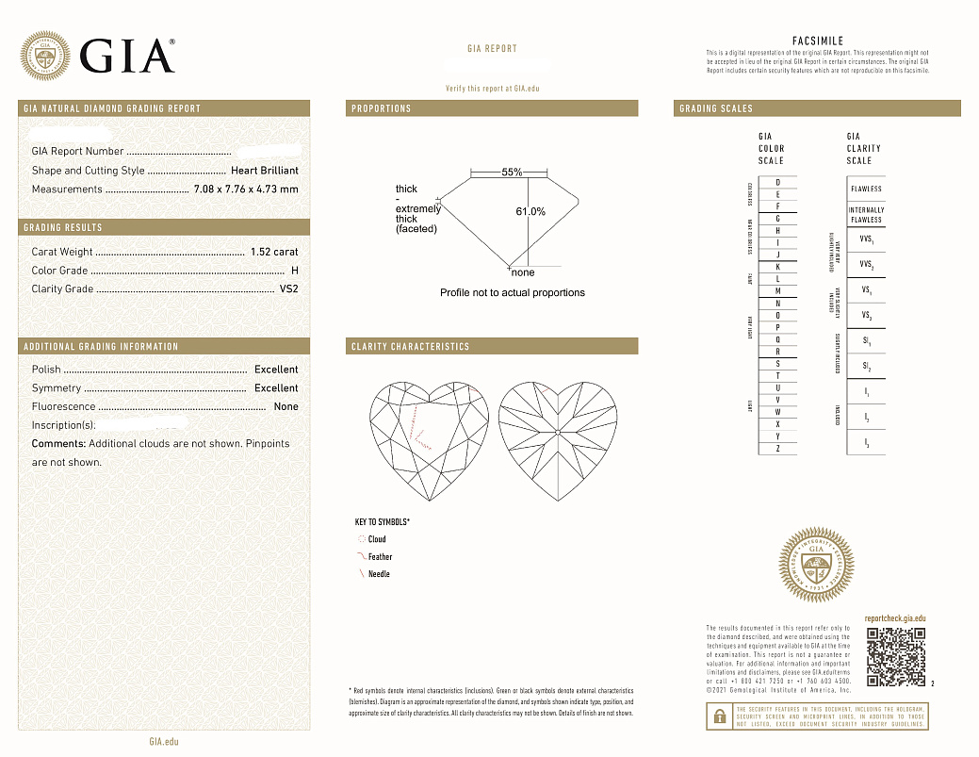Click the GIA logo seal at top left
coord(45,56)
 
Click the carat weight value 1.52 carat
coord(274,252)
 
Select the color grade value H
coord(295,271)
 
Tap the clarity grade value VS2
coord(289,289)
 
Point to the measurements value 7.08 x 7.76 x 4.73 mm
coord(246,189)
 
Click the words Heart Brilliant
coord(265,171)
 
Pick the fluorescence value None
coord(286,407)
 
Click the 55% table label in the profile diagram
coord(512,173)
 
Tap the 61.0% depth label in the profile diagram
coord(530,211)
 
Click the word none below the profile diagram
coord(523,272)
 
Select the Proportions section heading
coord(382,109)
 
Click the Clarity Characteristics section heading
coord(410,347)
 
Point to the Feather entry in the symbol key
coord(380,557)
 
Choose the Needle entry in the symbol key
coord(379,574)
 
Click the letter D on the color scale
coord(777,182)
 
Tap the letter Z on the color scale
coord(777,449)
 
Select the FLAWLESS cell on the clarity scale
coord(866,189)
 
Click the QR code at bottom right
coord(895,657)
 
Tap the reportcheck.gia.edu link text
coord(894,617)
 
